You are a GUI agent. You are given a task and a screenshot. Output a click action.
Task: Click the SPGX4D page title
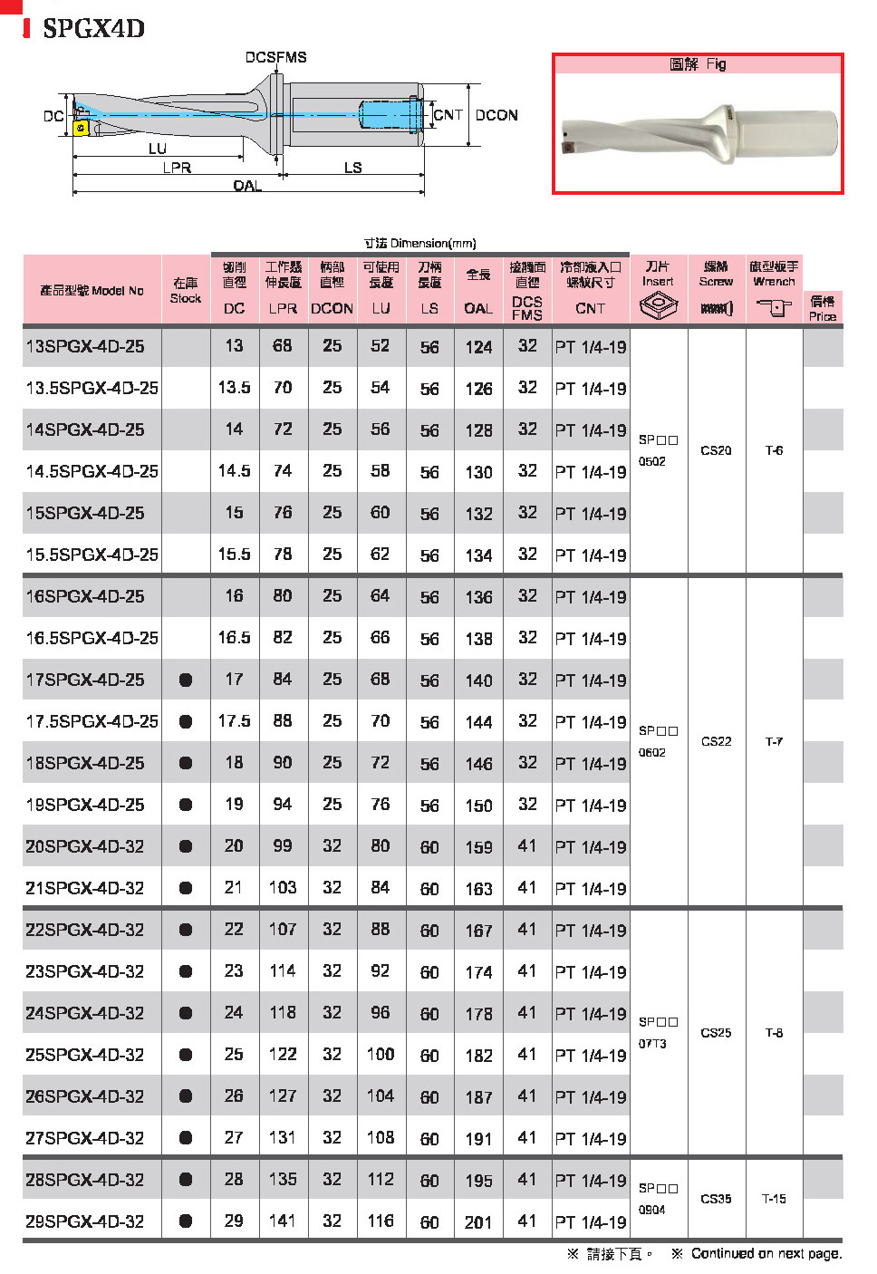(93, 28)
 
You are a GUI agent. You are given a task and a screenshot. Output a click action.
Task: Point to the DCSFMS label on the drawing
(275, 57)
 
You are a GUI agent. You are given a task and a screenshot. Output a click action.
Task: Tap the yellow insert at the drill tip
(81, 128)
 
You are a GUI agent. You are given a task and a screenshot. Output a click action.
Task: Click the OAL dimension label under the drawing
(246, 186)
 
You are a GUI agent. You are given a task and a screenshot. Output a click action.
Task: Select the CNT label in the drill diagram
(448, 115)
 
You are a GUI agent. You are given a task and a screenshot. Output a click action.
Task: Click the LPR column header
(283, 308)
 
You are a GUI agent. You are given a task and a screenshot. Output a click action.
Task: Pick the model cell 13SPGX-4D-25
(85, 346)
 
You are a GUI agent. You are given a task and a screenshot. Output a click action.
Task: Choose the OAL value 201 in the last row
(478, 1222)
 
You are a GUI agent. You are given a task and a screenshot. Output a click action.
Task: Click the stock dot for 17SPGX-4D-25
(186, 680)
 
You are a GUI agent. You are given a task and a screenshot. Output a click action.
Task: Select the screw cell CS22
(716, 741)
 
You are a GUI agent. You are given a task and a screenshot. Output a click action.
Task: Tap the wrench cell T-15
(774, 1199)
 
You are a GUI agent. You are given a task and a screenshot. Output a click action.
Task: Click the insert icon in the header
(658, 308)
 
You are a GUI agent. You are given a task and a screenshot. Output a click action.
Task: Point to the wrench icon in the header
(774, 308)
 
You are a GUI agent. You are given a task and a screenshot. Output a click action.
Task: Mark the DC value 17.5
(234, 721)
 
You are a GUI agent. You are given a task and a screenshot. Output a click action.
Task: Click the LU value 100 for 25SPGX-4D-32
(381, 1055)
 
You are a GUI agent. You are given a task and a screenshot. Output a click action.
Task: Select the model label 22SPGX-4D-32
(85, 930)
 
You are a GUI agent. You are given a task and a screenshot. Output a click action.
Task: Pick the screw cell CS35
(716, 1199)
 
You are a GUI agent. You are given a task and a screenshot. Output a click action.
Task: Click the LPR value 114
(283, 971)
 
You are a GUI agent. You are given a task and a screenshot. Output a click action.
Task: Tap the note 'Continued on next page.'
(766, 1254)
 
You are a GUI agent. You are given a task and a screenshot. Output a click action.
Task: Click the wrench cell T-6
(774, 450)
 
